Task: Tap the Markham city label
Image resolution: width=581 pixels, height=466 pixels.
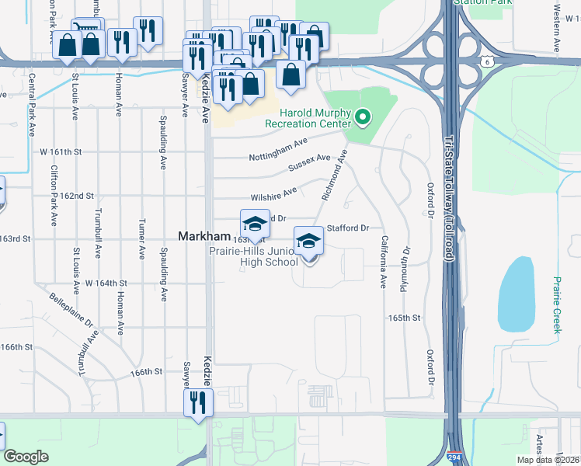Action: [x=204, y=236]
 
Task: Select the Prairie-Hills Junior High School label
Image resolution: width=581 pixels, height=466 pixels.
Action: [x=253, y=256]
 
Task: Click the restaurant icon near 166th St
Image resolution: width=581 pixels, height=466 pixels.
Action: [x=197, y=403]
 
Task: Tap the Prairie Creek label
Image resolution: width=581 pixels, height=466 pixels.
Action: [x=556, y=304]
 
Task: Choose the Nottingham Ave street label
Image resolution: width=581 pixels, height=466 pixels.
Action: [x=278, y=151]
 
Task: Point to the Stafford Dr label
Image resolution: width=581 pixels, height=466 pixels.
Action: [x=346, y=228]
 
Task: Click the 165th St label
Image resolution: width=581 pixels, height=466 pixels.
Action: [x=405, y=318]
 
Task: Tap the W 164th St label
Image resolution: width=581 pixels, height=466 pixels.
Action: [x=106, y=283]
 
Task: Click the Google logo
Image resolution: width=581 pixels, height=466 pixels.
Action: [x=26, y=457]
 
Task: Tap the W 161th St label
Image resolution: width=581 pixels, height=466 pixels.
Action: [x=61, y=151]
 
